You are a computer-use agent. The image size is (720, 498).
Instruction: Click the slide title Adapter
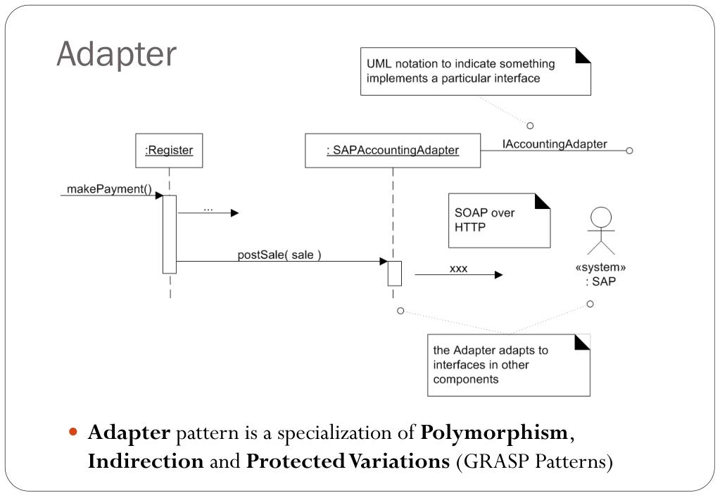point(116,54)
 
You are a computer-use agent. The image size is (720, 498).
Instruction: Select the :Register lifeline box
point(169,151)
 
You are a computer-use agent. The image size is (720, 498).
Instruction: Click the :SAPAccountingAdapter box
point(392,151)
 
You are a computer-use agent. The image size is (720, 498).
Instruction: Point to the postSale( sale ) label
point(279,255)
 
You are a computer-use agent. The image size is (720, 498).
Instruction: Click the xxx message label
point(458,268)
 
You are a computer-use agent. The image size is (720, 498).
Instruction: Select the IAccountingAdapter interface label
point(555,144)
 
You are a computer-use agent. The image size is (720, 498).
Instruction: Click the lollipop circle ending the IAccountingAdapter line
point(629,151)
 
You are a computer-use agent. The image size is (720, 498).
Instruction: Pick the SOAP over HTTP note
point(499,220)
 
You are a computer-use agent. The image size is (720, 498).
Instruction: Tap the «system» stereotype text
point(601,267)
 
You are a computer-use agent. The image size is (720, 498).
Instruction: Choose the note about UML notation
point(475,71)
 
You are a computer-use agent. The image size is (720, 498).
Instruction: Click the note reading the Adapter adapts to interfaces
point(508,364)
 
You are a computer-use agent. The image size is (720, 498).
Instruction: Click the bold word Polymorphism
point(494,432)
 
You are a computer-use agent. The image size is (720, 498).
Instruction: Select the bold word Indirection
point(145,461)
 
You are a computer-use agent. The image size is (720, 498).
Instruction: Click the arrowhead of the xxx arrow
point(499,275)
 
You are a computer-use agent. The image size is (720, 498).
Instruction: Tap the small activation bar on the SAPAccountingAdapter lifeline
point(394,273)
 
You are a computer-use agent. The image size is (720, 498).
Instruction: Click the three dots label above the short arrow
point(208,208)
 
